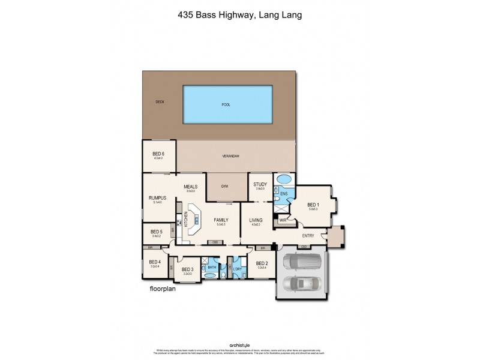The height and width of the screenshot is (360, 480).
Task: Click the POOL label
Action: tap(226, 105)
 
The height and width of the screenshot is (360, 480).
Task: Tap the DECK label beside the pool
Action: tap(160, 102)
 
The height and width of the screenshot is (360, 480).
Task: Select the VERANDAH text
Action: tap(231, 157)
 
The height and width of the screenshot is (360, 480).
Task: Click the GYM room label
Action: tap(224, 187)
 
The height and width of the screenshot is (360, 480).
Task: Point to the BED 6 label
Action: tap(158, 154)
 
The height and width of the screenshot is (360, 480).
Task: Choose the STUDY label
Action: tap(259, 184)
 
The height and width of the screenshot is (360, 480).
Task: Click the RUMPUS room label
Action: tap(157, 197)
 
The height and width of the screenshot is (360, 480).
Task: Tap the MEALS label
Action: tap(191, 186)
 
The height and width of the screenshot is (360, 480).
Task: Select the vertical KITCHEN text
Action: tap(186, 220)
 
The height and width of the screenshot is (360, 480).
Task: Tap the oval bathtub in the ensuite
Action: tap(283, 180)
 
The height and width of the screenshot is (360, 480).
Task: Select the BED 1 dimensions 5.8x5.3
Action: tap(313, 208)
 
